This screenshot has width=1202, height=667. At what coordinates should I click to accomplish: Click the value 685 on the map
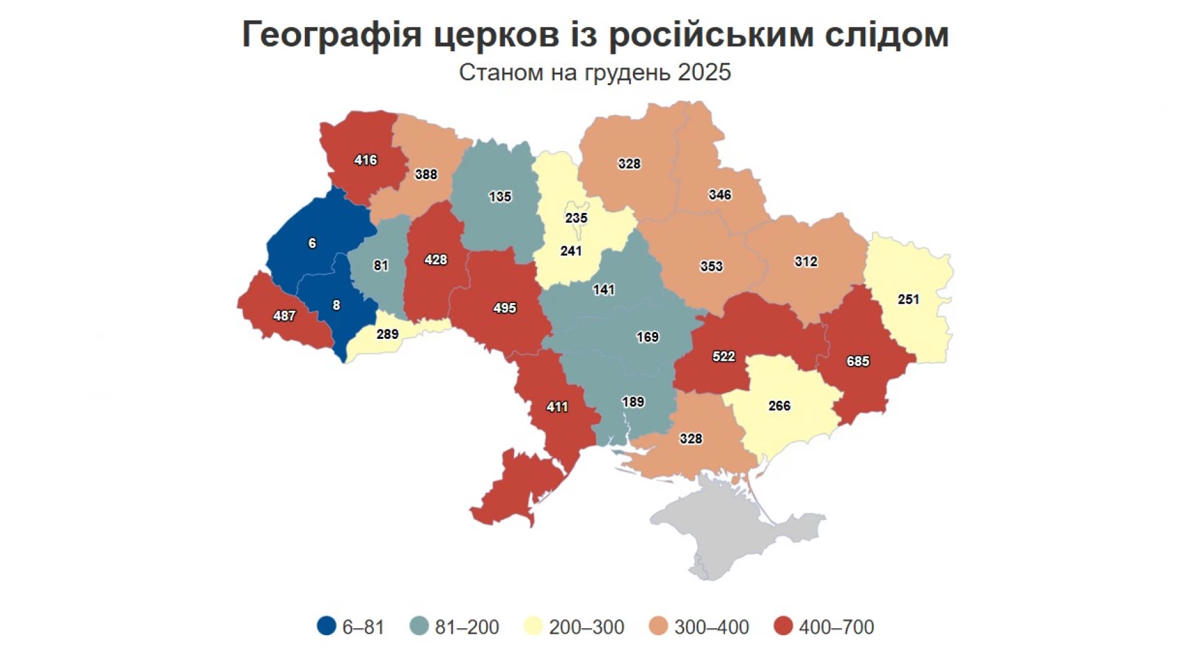click(858, 361)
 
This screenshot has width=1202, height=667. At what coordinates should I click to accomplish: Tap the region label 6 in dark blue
click(312, 244)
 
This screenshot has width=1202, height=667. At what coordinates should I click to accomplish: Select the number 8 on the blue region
click(336, 306)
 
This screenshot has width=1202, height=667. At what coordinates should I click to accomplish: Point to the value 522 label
click(724, 356)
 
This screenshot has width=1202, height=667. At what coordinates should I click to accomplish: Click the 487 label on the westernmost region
click(284, 316)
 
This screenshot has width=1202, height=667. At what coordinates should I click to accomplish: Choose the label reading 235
click(576, 218)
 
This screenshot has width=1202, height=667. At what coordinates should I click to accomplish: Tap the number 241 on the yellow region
click(571, 251)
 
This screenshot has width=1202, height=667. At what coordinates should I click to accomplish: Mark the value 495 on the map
click(505, 308)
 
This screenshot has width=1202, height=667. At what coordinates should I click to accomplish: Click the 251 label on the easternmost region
click(908, 299)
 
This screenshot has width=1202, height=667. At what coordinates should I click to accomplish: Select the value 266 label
click(779, 406)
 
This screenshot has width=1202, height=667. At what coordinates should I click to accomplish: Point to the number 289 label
click(388, 334)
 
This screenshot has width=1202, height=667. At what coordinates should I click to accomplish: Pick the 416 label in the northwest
click(366, 160)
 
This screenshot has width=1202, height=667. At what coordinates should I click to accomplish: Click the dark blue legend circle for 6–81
click(327, 626)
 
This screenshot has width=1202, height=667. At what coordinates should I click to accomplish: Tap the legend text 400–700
click(836, 627)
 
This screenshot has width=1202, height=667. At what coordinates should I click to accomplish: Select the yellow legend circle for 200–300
click(533, 626)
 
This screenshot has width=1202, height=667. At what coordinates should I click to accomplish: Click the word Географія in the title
click(332, 34)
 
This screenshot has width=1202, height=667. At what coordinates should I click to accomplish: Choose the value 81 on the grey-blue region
click(381, 266)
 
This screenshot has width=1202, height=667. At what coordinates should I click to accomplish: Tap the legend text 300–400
click(711, 627)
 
